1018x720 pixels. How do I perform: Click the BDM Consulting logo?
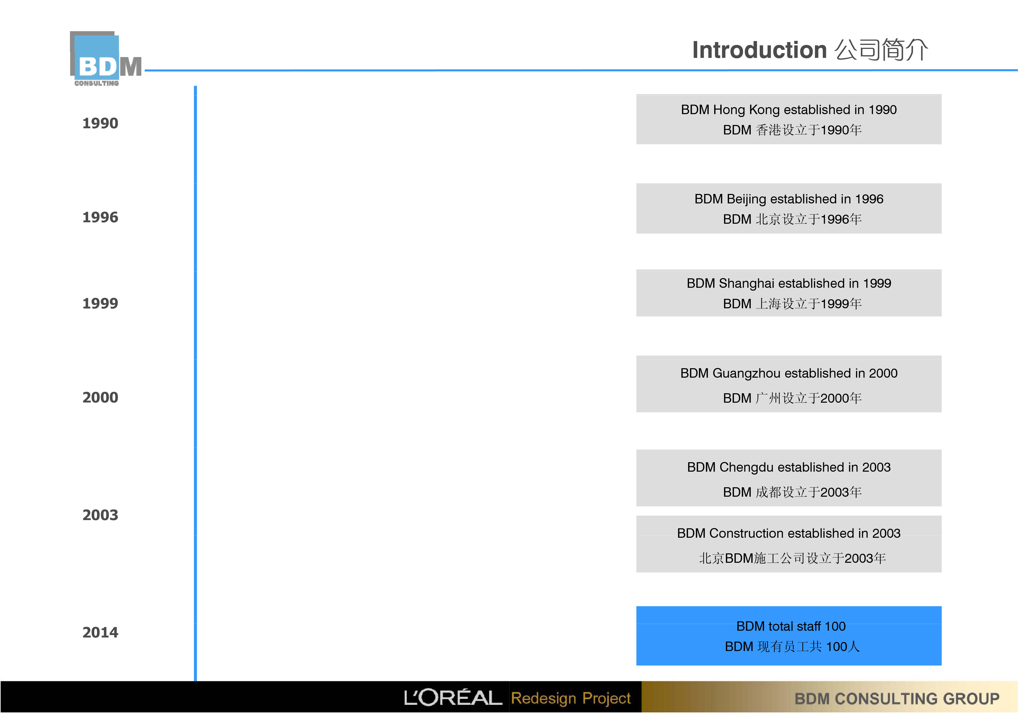point(105,58)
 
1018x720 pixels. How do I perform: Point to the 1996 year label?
point(100,217)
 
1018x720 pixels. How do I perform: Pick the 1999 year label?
point(100,303)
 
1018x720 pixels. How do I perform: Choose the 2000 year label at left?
point(100,398)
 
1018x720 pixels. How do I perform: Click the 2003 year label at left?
point(100,515)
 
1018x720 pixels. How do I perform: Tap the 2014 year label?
point(100,633)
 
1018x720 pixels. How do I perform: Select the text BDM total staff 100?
point(791,626)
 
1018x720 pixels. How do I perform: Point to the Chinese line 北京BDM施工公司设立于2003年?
point(792,558)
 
